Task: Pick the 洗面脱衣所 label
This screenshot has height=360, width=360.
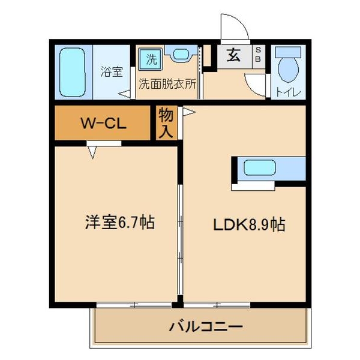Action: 167,85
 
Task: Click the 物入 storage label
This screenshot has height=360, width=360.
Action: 166,123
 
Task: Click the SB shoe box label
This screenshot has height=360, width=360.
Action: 258,55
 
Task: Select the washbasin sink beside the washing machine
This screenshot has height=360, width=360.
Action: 181,55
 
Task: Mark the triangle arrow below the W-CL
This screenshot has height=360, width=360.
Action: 93,152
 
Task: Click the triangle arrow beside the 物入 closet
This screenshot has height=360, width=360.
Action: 188,112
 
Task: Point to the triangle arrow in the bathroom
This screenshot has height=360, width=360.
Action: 125,94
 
